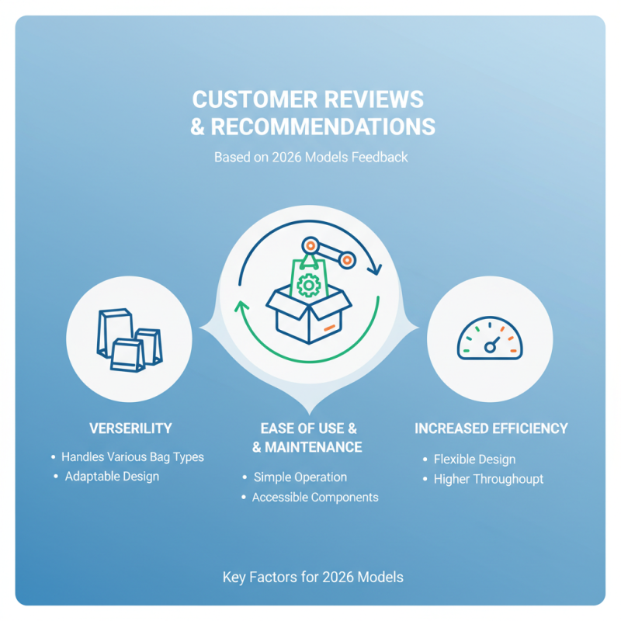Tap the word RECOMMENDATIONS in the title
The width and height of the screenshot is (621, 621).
323,127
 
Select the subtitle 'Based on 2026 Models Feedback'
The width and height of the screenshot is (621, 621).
311,158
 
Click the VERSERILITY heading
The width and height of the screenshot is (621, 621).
130,428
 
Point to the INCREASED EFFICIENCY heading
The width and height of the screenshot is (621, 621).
491,428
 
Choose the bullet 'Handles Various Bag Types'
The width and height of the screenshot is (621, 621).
133,457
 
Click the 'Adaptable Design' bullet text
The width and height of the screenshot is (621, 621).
112,477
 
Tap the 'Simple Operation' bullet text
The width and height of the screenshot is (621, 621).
300,477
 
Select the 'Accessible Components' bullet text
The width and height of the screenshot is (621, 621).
315,497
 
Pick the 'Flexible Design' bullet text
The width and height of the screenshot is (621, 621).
474,460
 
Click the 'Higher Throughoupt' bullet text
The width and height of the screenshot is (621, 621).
488,479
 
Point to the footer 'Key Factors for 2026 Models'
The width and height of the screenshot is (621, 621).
313,578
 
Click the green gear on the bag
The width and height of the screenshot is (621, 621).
308,285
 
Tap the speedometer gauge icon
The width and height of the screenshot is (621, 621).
490,338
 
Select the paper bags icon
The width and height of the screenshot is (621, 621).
130,340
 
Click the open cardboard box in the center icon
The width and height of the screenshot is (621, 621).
308,313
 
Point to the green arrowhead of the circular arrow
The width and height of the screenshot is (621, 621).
241,307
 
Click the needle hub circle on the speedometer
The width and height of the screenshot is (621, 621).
490,348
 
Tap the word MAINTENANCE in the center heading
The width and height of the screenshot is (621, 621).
314,447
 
